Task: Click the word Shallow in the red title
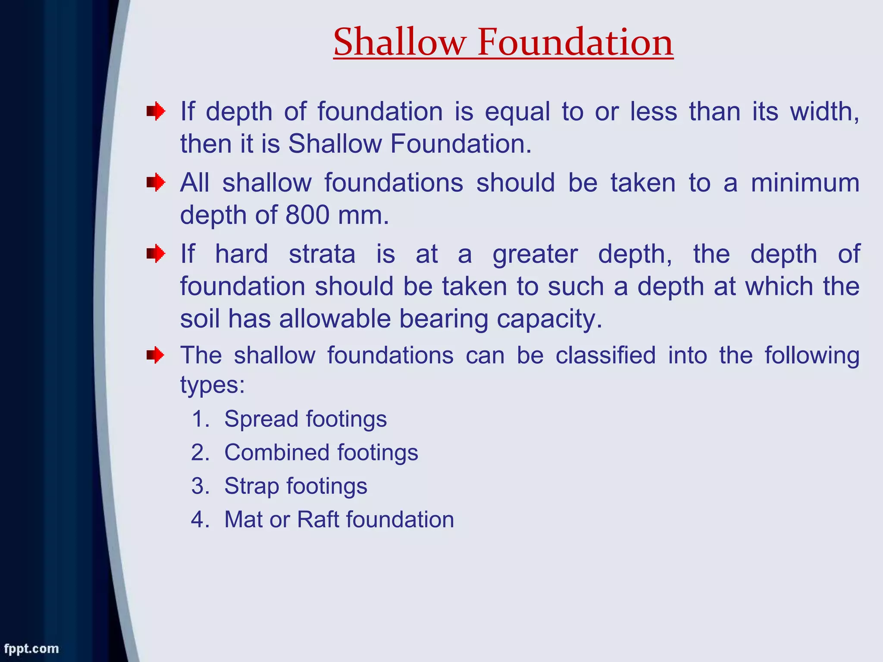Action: point(400,42)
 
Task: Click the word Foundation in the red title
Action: point(575,42)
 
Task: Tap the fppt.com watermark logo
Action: point(31,649)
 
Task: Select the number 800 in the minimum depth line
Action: point(307,215)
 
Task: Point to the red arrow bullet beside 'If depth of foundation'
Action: point(155,112)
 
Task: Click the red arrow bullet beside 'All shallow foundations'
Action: point(155,183)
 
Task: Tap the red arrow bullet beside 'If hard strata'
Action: point(155,254)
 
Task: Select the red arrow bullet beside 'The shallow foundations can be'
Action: point(155,356)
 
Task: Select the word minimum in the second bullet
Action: point(805,183)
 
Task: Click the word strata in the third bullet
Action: point(322,254)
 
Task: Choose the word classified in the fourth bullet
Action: point(605,356)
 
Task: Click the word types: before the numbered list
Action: point(212,384)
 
